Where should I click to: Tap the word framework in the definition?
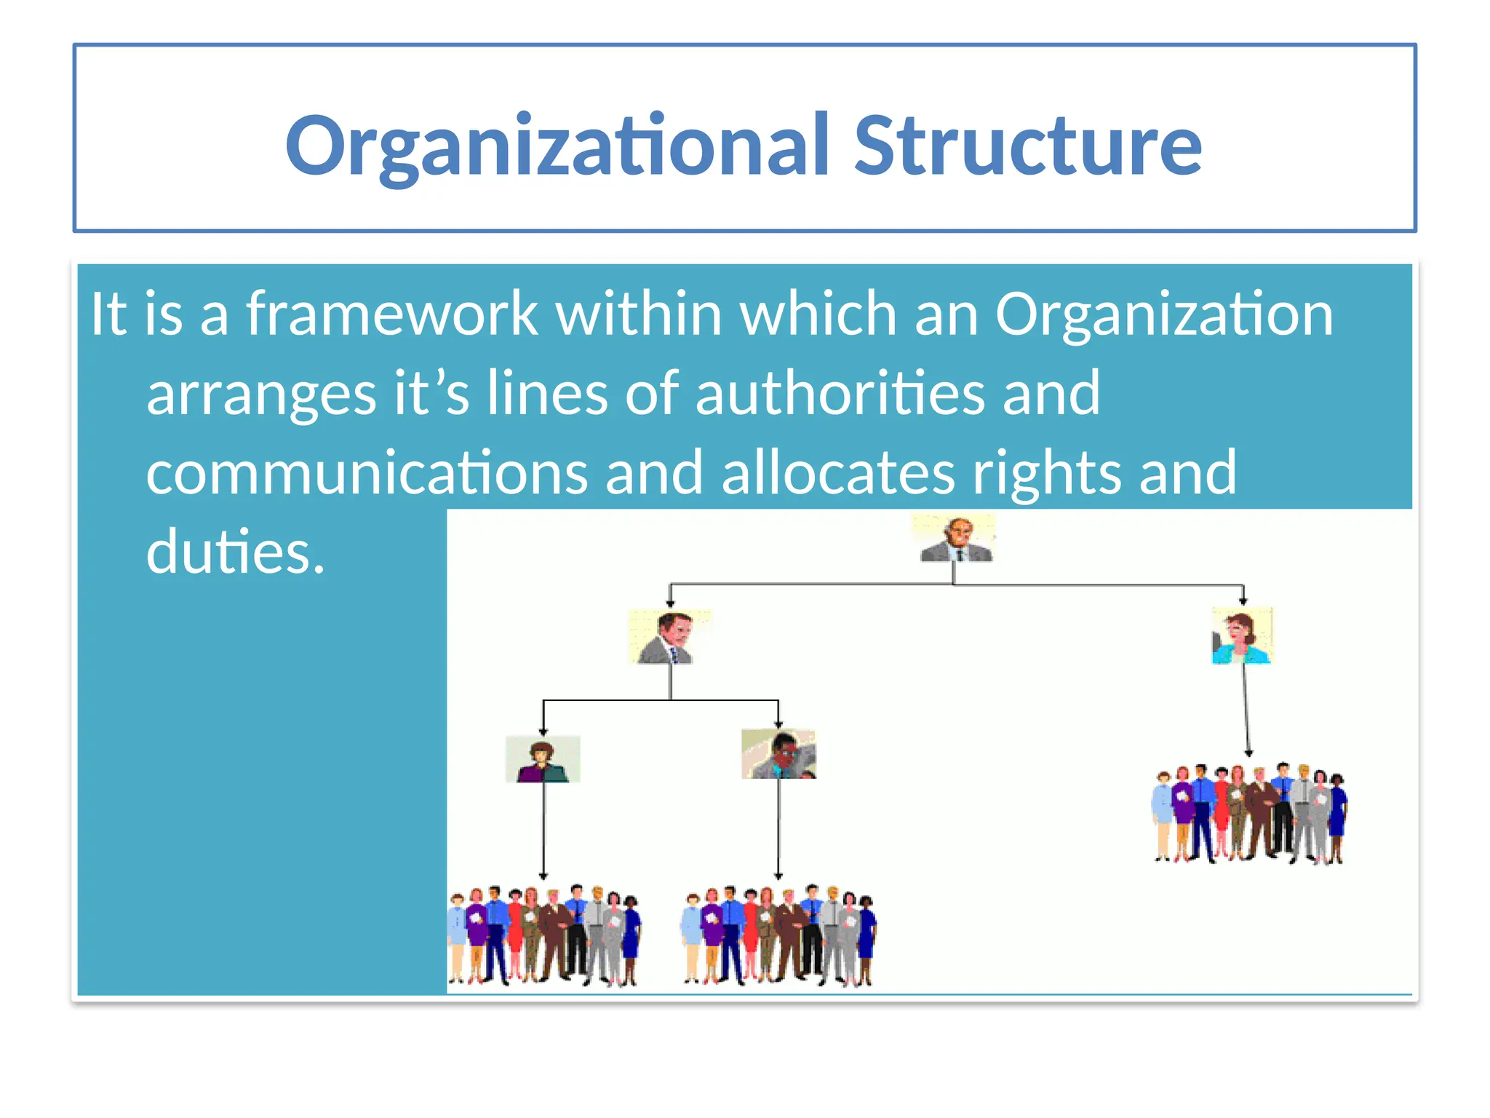pos(391,314)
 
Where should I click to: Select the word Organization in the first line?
pos(1164,314)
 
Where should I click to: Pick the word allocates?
pos(837,473)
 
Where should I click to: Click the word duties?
pos(234,552)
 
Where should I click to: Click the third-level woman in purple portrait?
pos(543,759)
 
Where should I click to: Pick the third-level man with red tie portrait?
pos(778,755)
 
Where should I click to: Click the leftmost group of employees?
pos(544,935)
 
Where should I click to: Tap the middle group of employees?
pos(778,936)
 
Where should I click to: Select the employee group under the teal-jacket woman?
pos(1248,814)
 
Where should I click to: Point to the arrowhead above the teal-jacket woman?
pos(1243,601)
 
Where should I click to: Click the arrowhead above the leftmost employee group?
pos(543,876)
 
